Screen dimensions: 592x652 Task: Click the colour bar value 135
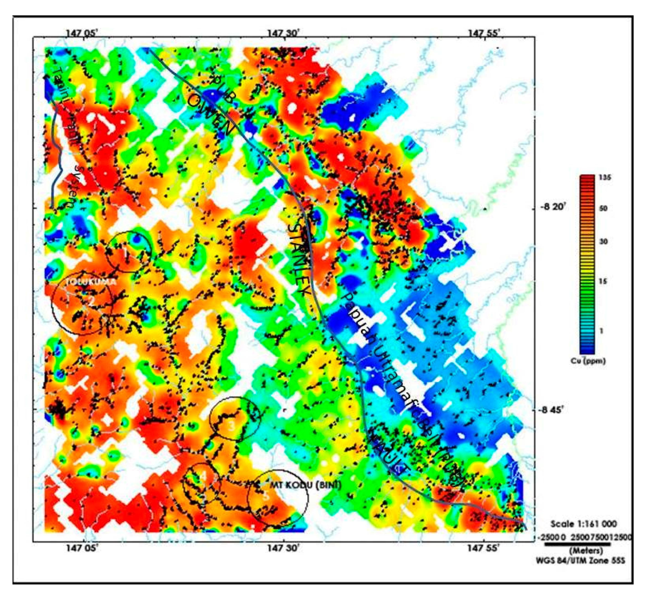coord(605,178)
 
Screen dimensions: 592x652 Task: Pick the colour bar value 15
coord(603,281)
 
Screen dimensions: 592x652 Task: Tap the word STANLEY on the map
coord(299,259)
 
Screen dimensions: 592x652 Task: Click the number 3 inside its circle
coord(231,427)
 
